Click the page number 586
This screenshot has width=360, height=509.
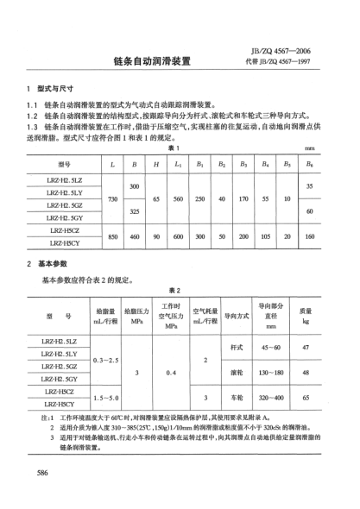click(x=41, y=474)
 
